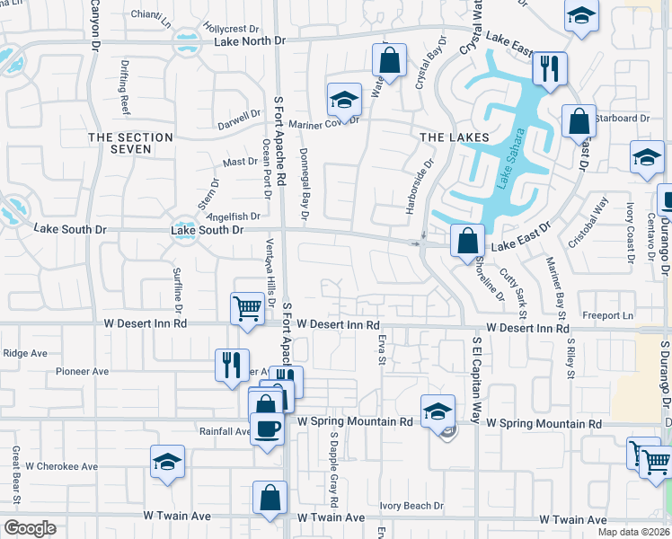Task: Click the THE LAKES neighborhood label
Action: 455,137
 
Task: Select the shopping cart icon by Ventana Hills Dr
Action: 247,307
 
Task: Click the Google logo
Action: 30,527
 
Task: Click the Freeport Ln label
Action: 607,315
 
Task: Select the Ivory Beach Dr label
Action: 411,506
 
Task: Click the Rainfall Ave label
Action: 225,431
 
